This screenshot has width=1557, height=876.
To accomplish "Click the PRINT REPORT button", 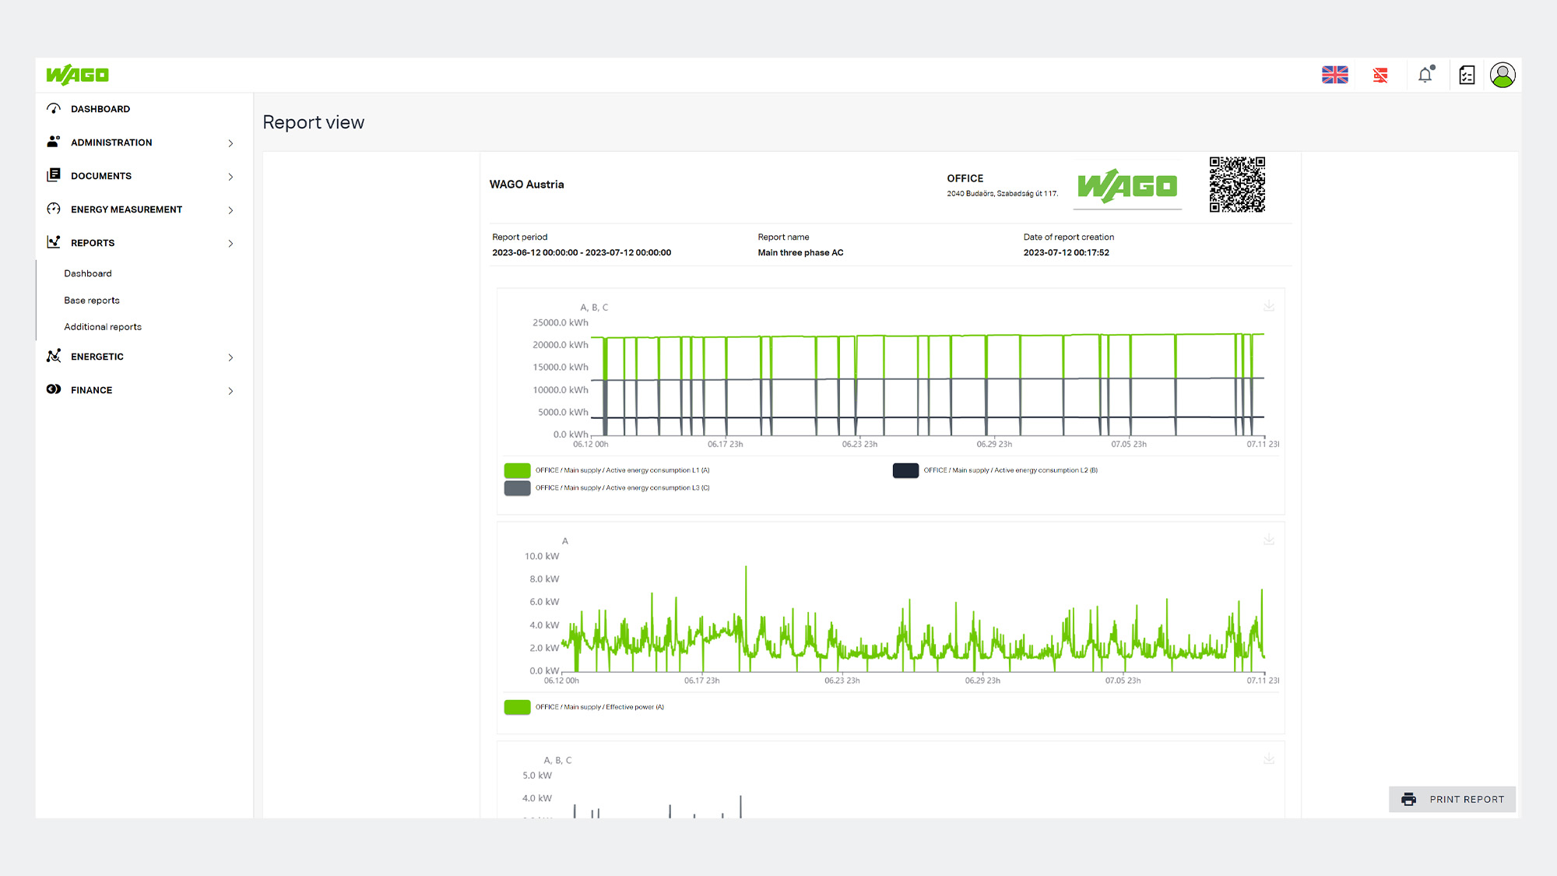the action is point(1452,799).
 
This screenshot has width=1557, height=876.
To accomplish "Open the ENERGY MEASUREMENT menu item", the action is point(126,209).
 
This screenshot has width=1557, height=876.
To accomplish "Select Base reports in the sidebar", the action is point(92,301).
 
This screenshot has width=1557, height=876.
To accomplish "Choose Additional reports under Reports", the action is point(103,327).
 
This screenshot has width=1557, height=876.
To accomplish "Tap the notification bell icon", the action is point(1425,75).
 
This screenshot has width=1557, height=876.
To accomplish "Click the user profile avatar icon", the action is point(1503,75).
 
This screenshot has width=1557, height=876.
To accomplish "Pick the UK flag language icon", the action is point(1335,75).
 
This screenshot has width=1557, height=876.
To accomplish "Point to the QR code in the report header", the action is point(1237,185).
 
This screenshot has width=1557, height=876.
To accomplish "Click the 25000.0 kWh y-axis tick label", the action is point(561,322).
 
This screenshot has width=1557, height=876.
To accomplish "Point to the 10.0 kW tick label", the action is point(542,556).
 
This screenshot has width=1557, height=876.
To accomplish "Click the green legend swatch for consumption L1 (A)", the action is point(517,470).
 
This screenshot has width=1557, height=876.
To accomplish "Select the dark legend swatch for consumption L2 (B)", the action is point(905,470).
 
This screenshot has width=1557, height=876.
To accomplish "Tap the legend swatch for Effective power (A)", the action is point(517,707).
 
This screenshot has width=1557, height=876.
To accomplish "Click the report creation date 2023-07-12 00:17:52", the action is point(1067,252).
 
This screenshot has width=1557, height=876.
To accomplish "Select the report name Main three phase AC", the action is point(800,252).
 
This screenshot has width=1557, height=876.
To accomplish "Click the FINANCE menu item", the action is point(91,390).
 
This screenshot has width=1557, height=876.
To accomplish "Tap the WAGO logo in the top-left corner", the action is point(77,75).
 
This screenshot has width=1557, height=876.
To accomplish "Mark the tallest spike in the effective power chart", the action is point(746,567).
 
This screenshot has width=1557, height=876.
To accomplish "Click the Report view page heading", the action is point(314,122).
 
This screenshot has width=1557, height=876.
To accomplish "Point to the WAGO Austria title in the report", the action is point(526,185).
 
